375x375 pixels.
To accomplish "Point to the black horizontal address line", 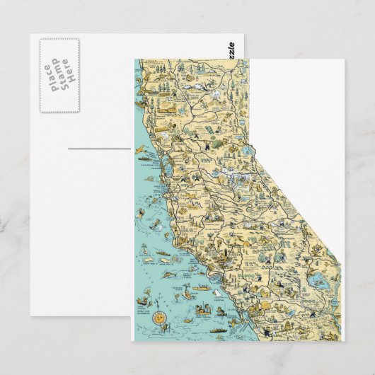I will [99, 149].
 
